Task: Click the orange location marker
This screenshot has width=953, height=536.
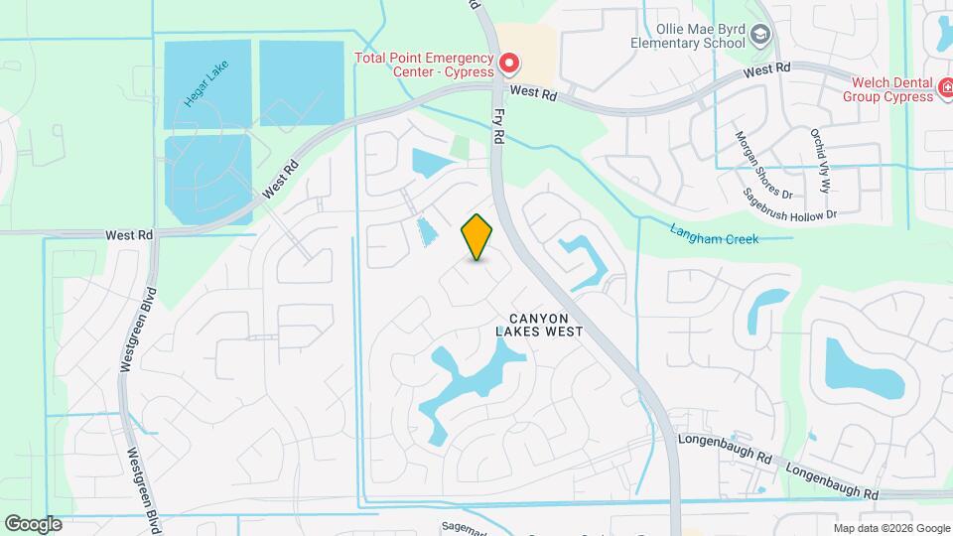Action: tap(477, 236)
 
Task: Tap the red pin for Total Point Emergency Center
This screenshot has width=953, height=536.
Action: tap(509, 65)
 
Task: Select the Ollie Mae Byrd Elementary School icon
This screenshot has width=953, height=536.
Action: tap(761, 36)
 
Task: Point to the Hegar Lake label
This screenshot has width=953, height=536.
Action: tap(206, 87)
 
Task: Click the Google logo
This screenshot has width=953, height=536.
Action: tap(32, 524)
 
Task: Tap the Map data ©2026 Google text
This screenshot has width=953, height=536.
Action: tap(890, 528)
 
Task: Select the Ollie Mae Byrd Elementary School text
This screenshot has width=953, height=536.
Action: tap(688, 36)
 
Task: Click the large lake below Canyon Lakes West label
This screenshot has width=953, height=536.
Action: tap(467, 382)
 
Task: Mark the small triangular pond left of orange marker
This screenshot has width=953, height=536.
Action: tap(427, 231)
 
